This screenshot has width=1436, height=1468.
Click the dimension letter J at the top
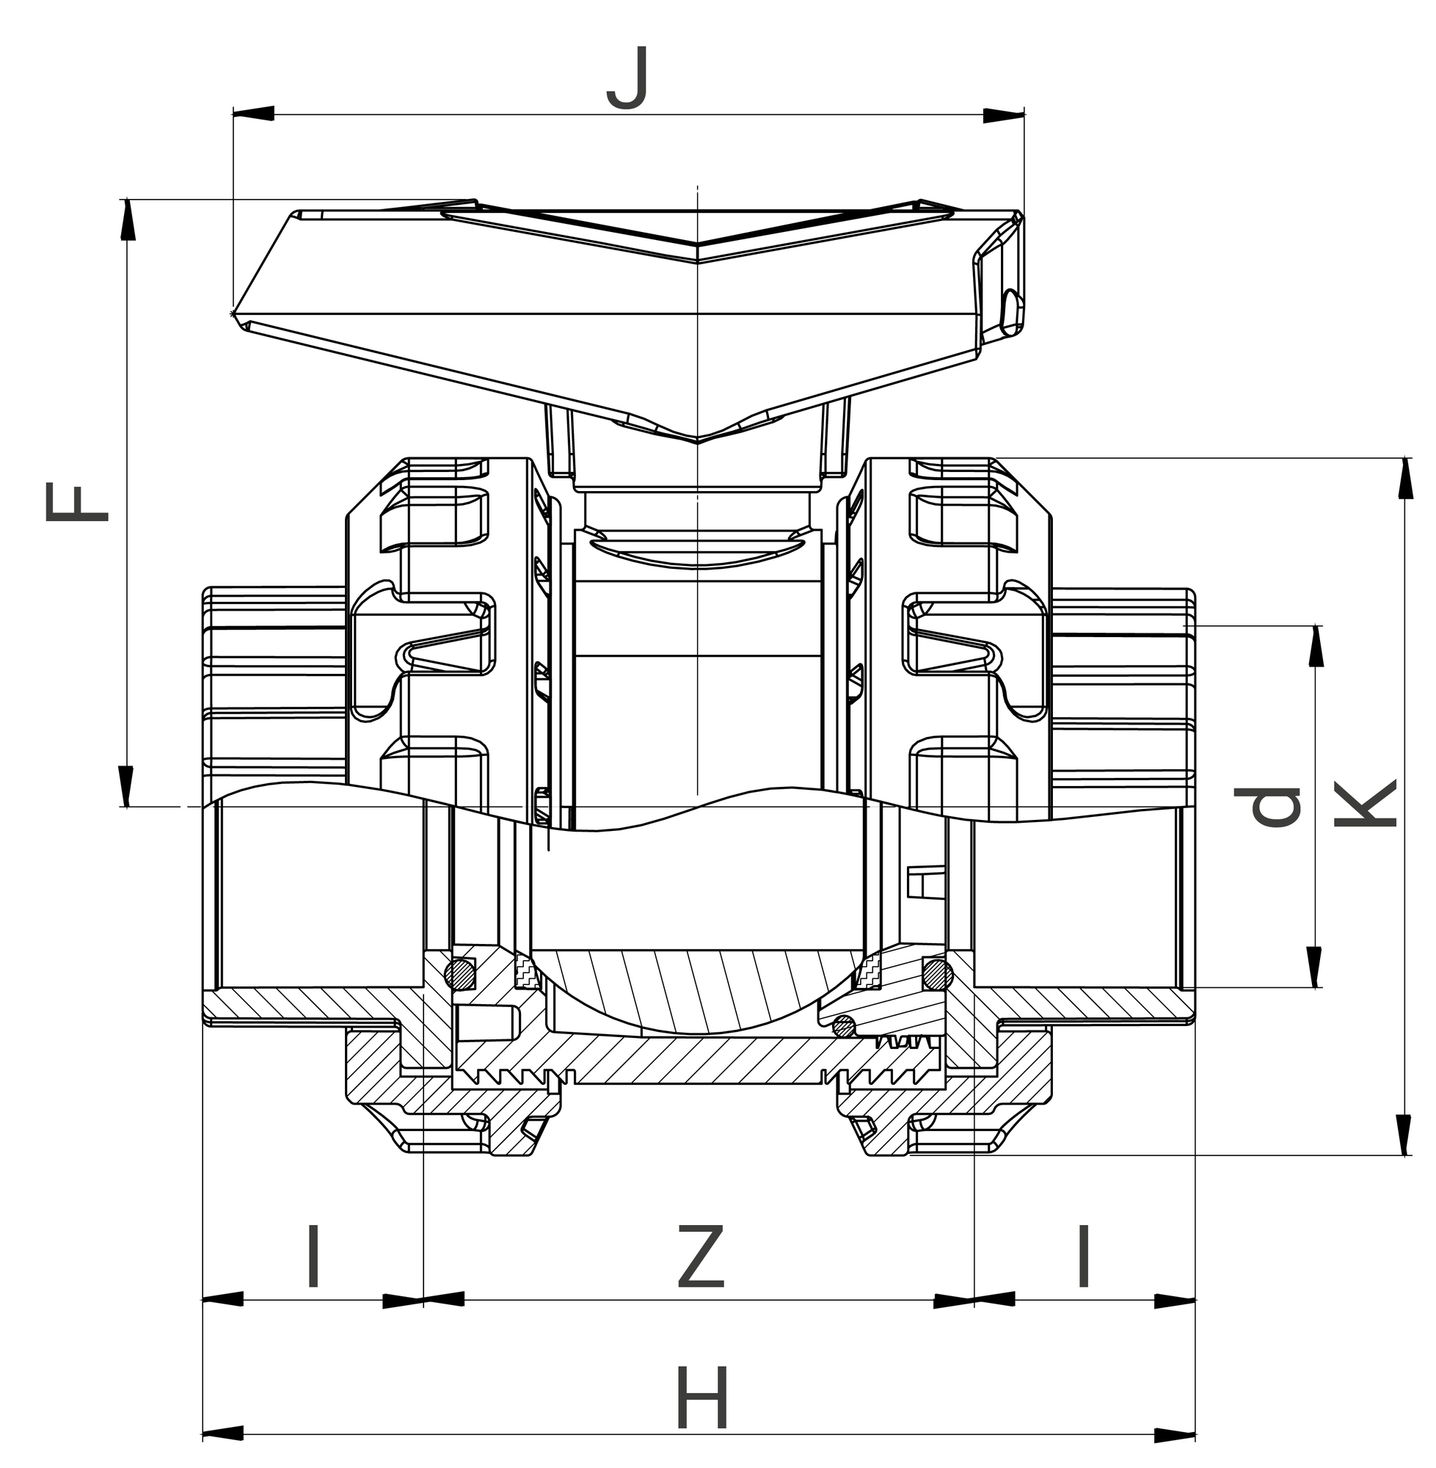[627, 79]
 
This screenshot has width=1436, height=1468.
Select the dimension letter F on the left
[77, 504]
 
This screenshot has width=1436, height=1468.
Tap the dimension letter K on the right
[1366, 804]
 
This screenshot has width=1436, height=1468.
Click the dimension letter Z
[701, 1257]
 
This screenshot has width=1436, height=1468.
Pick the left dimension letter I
[314, 1257]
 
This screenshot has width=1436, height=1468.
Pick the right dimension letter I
[1085, 1257]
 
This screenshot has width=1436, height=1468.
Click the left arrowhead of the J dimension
[253, 114]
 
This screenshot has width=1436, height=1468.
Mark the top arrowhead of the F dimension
[128, 220]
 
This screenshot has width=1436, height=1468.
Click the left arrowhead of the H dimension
[223, 1434]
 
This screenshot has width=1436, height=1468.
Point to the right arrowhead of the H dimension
[1175, 1434]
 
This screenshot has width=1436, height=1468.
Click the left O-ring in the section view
[460, 973]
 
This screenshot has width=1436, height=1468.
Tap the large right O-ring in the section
[938, 975]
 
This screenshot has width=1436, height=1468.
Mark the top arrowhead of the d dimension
[1316, 647]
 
